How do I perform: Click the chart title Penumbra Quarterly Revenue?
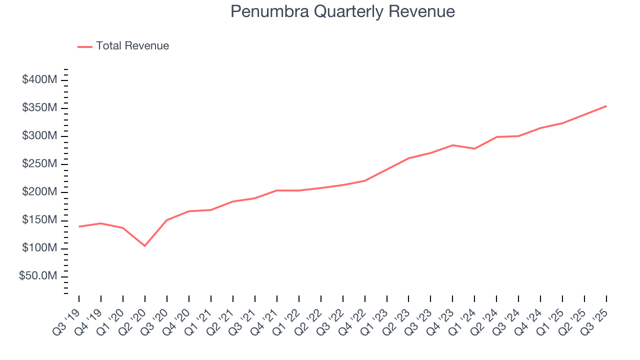tap(342, 12)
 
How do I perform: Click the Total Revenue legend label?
tap(132, 46)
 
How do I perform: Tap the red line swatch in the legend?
tap(85, 46)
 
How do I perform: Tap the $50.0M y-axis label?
tap(42, 277)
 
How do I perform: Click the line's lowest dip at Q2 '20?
tap(145, 245)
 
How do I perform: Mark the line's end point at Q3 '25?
tap(606, 106)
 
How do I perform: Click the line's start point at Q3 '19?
tap(79, 226)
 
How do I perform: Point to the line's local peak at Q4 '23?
tap(452, 145)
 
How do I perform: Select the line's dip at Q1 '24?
tap(474, 148)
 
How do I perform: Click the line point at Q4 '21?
tap(276, 190)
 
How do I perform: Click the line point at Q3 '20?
tap(166, 220)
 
